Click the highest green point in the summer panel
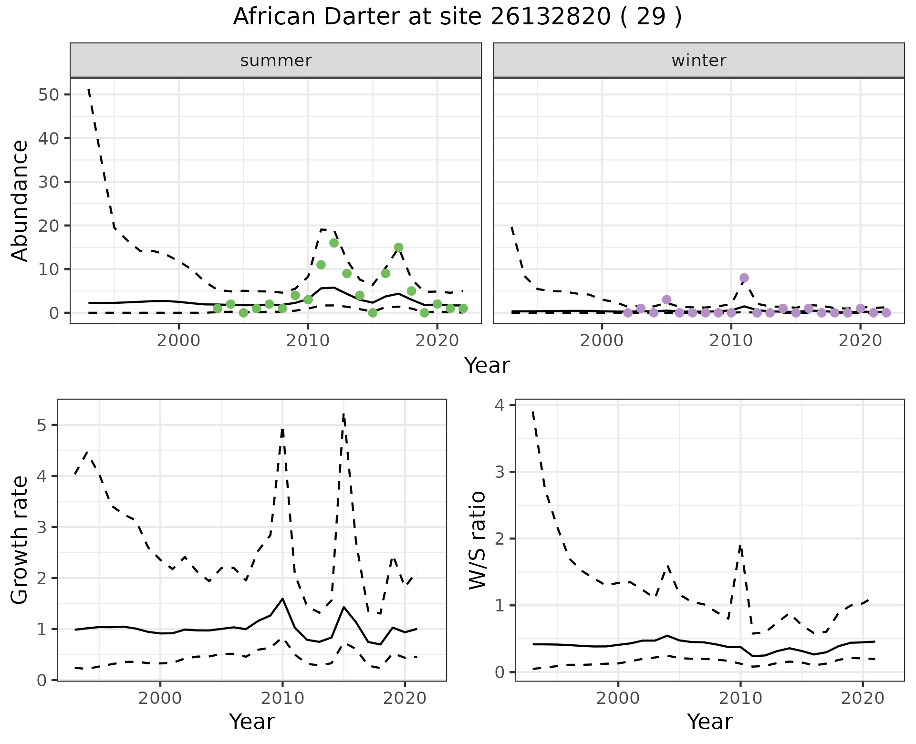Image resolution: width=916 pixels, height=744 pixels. coord(334,243)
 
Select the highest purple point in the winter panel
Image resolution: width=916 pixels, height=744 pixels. coord(744,278)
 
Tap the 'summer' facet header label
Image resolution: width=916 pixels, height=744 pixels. coord(276,61)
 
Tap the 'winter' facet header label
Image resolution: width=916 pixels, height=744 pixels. coord(698,61)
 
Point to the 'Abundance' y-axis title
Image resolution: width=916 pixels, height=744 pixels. coord(20,200)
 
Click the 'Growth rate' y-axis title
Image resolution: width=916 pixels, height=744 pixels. coord(20,540)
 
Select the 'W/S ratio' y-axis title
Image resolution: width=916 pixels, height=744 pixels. coord(477,540)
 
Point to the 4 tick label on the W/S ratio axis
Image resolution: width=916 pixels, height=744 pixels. coord(499,405)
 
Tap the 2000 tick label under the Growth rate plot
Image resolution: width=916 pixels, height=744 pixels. coord(160,699)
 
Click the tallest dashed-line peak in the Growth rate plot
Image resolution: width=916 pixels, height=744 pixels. coord(343,414)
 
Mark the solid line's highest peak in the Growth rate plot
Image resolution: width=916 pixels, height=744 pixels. coord(282,599)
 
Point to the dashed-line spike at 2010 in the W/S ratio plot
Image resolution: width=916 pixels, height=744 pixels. coord(740,545)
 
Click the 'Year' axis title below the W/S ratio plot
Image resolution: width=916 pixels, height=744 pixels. coord(709,722)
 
